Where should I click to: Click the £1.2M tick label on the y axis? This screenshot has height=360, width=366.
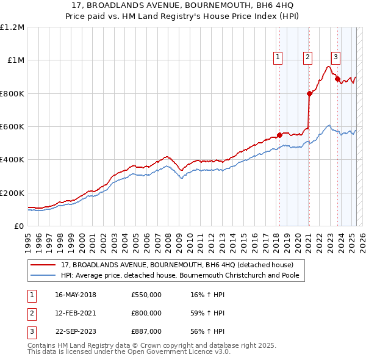[x=12, y=27]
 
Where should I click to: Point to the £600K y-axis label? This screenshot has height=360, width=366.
[x=12, y=127]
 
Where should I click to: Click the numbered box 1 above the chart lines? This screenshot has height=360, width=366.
[x=278, y=58]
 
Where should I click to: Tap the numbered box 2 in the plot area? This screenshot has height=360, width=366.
[x=307, y=58]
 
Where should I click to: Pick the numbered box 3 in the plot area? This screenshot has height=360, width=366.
[x=335, y=58]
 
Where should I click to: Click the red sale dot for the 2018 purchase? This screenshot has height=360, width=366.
[x=279, y=135]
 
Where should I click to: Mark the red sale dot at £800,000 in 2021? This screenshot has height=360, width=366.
[x=309, y=93]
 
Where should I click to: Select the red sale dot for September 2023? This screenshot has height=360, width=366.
[x=337, y=79]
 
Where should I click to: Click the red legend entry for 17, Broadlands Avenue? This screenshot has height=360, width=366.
[x=177, y=265]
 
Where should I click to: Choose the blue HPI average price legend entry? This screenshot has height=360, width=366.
[x=182, y=275]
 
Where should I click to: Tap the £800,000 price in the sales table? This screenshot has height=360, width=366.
[x=146, y=313]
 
